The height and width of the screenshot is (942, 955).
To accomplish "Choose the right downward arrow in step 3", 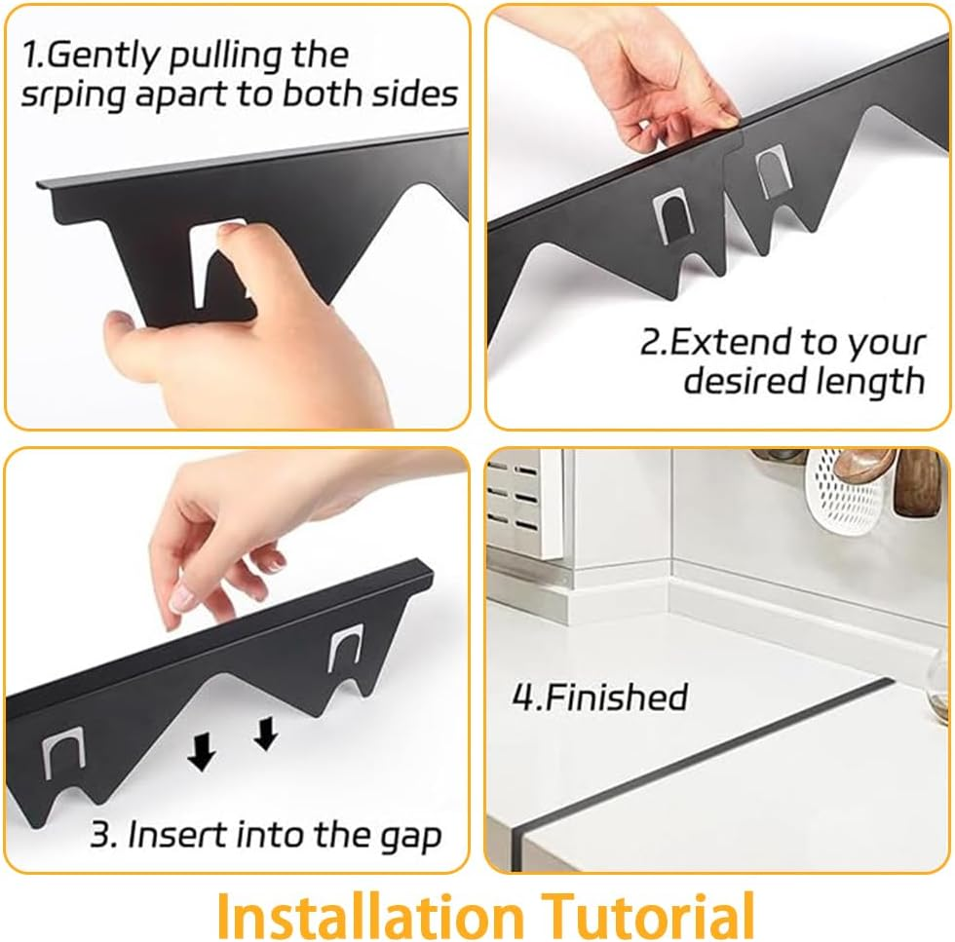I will click(265, 734).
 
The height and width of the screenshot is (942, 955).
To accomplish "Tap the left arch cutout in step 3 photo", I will click(60, 760).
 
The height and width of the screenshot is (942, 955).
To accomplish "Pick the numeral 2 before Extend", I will click(650, 343).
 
